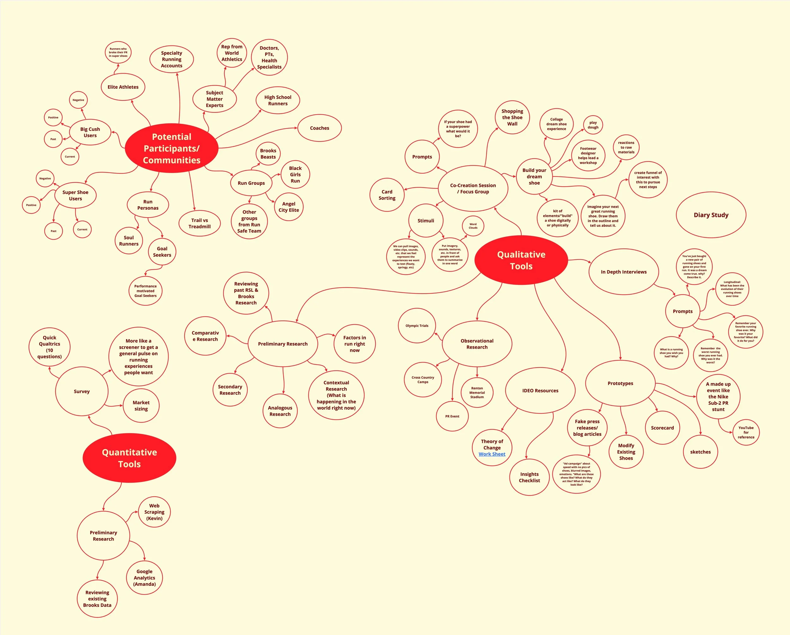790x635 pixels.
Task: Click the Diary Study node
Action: pos(711,215)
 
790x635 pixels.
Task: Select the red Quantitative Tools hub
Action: pos(129,458)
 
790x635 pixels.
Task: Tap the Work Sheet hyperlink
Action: pos(492,454)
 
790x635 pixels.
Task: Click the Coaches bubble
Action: pos(319,128)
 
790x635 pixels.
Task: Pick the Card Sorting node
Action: pos(387,195)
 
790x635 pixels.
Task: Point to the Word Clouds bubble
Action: pos(473,226)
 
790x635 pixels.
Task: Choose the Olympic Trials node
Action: pos(417,326)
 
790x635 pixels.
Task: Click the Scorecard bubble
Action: pos(662,428)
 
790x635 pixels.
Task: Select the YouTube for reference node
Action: pos(746,433)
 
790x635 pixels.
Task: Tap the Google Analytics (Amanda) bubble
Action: pos(144,578)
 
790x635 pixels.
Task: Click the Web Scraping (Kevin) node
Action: pos(154,512)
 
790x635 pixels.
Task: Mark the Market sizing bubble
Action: pos(141,406)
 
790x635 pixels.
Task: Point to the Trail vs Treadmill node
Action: pos(200,223)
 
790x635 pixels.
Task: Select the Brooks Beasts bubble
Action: pos(268,154)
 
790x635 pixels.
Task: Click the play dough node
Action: pos(593,125)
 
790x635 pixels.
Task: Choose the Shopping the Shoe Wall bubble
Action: pos(512,117)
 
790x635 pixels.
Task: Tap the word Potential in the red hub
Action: pos(172,137)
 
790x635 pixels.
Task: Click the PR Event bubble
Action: pos(452,416)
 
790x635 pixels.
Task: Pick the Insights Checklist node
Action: pos(530,477)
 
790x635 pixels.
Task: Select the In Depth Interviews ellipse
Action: pos(624,272)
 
